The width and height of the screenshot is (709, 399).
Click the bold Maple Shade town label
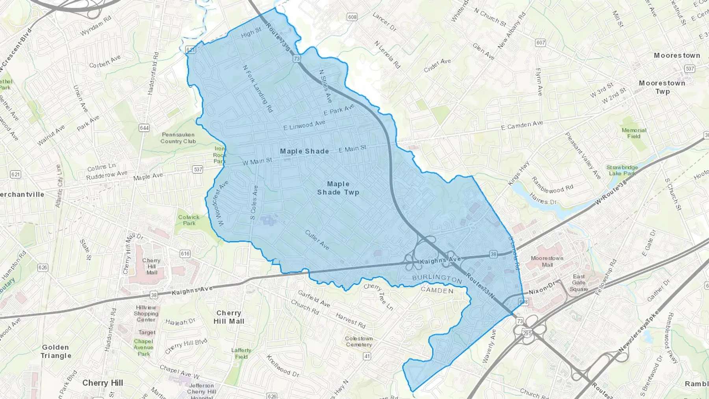click(304, 151)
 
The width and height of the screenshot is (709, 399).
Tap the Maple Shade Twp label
click(338, 188)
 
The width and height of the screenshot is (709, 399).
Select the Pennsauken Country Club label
click(178, 138)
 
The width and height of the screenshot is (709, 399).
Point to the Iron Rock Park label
click(219, 155)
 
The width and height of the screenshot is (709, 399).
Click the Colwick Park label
click(189, 220)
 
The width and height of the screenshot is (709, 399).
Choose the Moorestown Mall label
click(547, 262)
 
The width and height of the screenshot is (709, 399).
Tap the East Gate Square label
click(579, 283)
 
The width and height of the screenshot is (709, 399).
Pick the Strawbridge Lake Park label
click(622, 171)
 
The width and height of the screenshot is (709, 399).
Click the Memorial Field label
click(634, 133)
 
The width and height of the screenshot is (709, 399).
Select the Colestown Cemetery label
click(358, 341)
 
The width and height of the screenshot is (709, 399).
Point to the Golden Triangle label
click(56, 351)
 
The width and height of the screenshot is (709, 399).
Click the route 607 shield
click(540, 43)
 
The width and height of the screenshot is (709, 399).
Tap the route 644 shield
click(144, 128)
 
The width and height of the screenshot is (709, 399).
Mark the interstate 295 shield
click(527, 333)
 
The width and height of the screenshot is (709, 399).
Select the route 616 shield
click(185, 254)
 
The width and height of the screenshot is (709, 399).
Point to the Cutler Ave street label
click(317, 239)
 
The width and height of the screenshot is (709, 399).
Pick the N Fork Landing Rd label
click(257, 89)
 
